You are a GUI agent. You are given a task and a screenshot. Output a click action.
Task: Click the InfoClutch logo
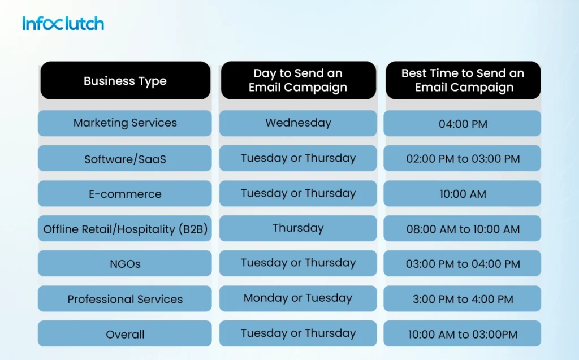pyautogui.click(x=63, y=24)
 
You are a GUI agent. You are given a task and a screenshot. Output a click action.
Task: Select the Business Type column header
pyautogui.click(x=125, y=81)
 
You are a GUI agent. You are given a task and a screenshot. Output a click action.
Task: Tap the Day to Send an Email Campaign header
pyautogui.click(x=298, y=81)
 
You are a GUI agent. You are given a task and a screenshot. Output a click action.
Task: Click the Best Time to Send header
pyautogui.click(x=463, y=81)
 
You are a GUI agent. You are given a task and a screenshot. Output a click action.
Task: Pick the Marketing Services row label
pyautogui.click(x=125, y=123)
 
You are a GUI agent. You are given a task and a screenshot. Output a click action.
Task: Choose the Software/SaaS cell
pyautogui.click(x=125, y=159)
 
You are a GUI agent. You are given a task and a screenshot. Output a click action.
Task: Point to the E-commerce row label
pyautogui.click(x=125, y=194)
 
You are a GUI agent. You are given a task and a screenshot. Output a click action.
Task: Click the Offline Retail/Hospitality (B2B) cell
pyautogui.click(x=125, y=229)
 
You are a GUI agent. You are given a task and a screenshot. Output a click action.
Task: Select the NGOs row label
pyautogui.click(x=125, y=264)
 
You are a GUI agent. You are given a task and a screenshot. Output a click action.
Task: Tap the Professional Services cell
pyautogui.click(x=125, y=299)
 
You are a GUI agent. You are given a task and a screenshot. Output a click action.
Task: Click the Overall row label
pyautogui.click(x=125, y=334)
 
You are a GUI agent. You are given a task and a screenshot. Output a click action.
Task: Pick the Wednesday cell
pyautogui.click(x=298, y=123)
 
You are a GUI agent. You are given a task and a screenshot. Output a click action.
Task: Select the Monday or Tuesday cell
pyautogui.click(x=298, y=298)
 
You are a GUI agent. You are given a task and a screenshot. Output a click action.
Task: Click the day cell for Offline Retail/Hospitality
pyautogui.click(x=298, y=228)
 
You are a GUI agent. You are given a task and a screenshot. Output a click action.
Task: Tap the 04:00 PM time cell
pyautogui.click(x=463, y=124)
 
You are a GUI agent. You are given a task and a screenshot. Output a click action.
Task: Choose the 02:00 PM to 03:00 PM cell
pyautogui.click(x=463, y=159)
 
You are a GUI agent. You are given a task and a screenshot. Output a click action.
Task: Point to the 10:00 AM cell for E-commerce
pyautogui.click(x=463, y=194)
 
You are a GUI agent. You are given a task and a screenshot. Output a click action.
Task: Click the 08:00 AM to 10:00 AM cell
pyautogui.click(x=463, y=229)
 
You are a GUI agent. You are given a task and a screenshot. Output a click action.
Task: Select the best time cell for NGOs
pyautogui.click(x=463, y=264)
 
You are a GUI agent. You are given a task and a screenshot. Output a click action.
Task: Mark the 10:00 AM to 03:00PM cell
pyautogui.click(x=463, y=334)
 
